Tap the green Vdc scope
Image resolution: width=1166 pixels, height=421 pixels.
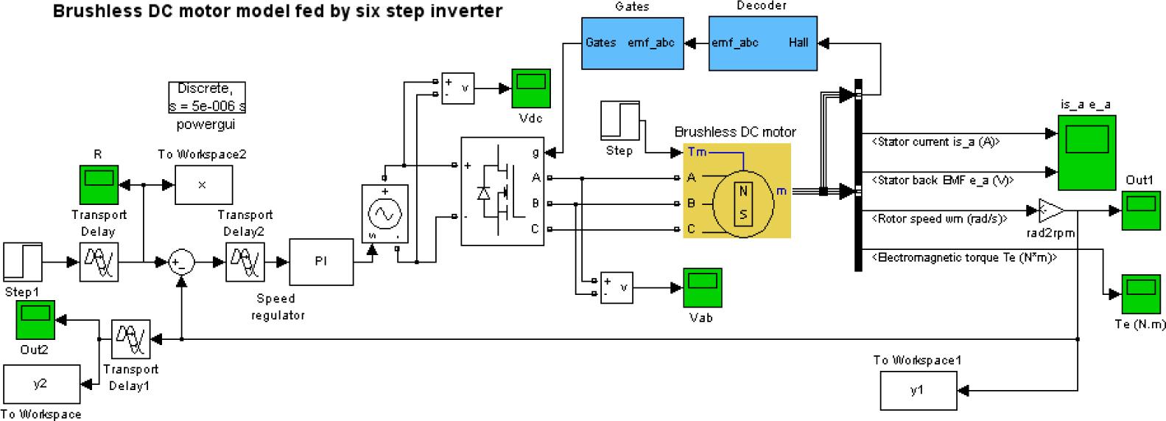[531, 88]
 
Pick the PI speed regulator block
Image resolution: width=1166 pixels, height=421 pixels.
[320, 262]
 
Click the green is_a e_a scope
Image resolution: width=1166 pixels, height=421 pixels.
[1087, 151]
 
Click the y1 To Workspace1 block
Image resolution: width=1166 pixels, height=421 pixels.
[918, 390]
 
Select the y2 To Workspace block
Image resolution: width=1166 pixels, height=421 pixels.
[41, 383]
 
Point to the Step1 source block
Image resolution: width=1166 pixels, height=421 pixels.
[23, 262]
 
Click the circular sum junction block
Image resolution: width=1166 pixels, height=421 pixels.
[181, 262]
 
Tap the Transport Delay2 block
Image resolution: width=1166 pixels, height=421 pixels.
[245, 262]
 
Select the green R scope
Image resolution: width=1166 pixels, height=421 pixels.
[98, 184]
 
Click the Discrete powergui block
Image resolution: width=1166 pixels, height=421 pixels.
[206, 97]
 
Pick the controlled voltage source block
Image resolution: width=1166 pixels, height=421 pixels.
[384, 213]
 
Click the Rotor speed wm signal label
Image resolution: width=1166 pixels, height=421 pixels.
[939, 218]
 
